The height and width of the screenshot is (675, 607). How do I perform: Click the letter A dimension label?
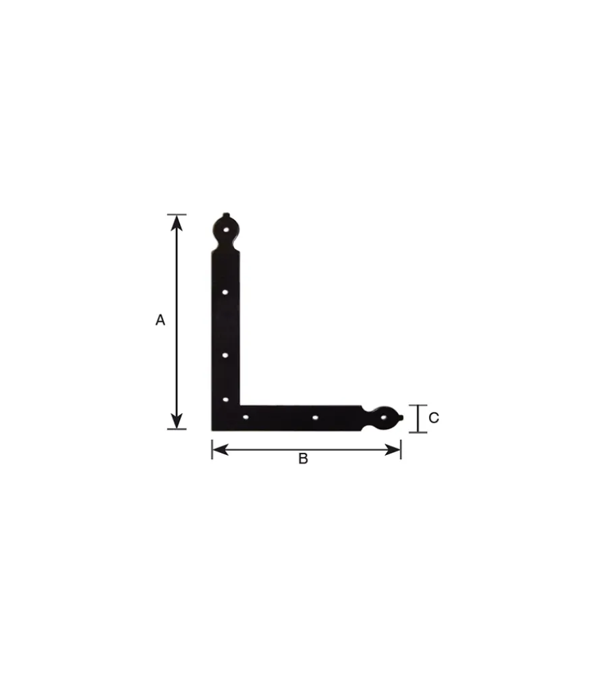(x=160, y=320)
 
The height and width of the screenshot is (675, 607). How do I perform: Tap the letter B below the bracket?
(x=303, y=459)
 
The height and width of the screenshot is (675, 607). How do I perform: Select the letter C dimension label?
(x=434, y=418)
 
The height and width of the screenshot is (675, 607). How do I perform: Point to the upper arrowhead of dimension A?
(x=177, y=223)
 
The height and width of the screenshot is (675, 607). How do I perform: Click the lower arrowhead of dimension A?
(x=177, y=421)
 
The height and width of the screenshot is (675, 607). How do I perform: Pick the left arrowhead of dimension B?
(x=221, y=450)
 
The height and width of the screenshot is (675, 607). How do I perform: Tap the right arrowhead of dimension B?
(x=393, y=450)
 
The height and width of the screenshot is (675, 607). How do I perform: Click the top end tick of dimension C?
(x=417, y=405)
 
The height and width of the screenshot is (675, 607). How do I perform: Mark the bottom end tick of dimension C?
(x=417, y=432)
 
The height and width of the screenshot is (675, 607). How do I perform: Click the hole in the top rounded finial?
(x=227, y=230)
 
